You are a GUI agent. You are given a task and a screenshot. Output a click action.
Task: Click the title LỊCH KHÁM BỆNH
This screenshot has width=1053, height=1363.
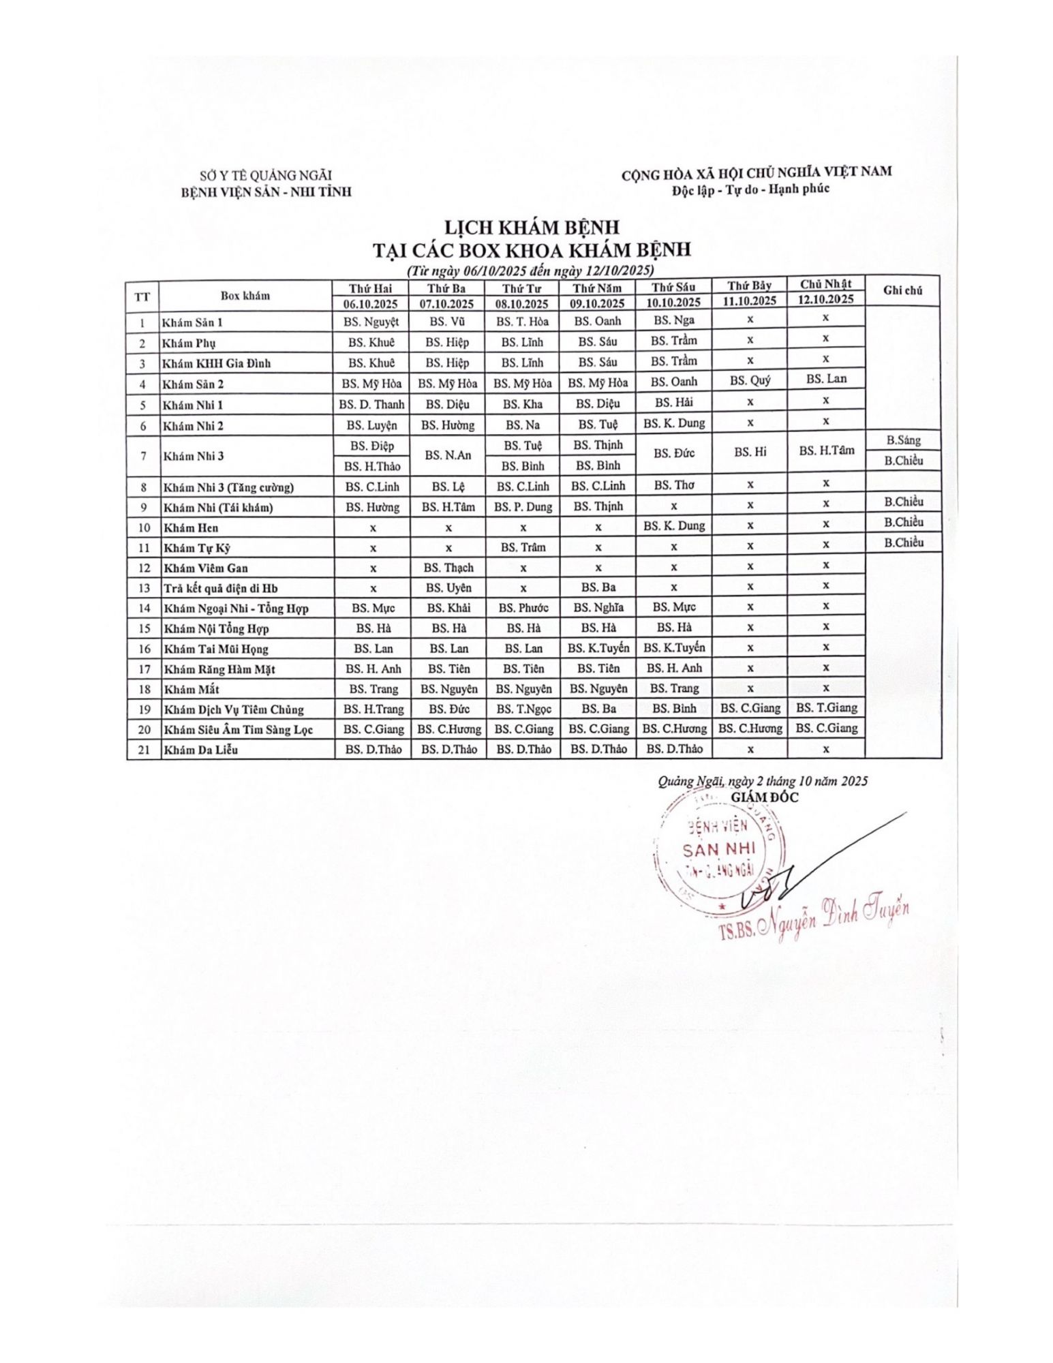tap(532, 227)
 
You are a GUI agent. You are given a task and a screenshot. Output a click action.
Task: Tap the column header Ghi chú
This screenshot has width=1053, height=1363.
tap(902, 290)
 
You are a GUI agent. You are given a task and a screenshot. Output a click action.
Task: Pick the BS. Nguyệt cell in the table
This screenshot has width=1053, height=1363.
tap(371, 322)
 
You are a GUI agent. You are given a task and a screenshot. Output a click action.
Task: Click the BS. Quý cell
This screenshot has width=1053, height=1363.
tap(750, 380)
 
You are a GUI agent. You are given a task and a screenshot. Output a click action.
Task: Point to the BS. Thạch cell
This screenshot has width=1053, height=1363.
tap(448, 568)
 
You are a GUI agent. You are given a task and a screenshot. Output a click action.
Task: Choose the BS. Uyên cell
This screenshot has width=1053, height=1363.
tap(448, 587)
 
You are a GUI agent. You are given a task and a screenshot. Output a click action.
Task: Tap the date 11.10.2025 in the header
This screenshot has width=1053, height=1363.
tap(749, 301)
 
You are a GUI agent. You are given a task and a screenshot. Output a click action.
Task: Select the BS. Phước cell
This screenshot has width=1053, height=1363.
tap(523, 608)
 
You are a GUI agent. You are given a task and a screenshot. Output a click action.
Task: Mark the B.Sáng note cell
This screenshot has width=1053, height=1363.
tap(903, 440)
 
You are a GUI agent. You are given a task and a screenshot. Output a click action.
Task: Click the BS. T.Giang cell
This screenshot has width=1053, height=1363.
tap(826, 707)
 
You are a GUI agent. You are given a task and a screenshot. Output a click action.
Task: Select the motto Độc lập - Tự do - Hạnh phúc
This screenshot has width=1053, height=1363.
tap(750, 189)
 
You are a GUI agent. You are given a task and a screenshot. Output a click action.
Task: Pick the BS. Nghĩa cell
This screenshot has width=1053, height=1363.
tap(598, 607)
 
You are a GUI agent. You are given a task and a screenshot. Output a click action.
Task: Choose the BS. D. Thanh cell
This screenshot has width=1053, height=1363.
tap(371, 404)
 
